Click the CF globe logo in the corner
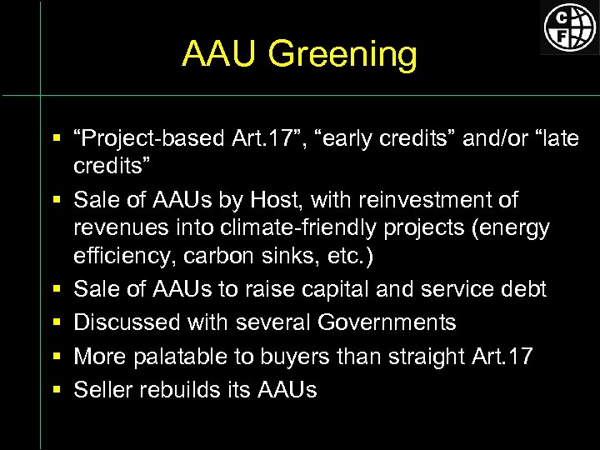click(570, 27)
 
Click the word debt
click(522, 289)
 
